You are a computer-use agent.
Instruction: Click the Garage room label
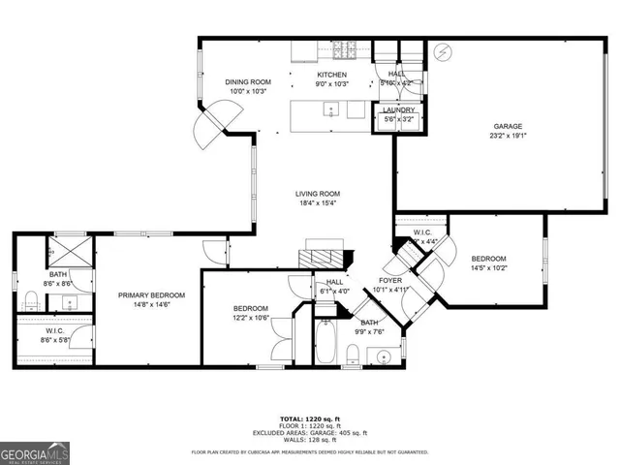508,126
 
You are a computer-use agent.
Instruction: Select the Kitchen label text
332,75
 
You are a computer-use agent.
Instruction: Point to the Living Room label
318,194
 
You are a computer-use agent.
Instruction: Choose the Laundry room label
398,109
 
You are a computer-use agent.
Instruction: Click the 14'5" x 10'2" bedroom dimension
489,268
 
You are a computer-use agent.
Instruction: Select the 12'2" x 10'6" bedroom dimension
249,318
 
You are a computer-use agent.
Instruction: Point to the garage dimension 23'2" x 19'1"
508,137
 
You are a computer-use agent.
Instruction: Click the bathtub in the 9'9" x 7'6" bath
326,344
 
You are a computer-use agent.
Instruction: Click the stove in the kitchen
342,50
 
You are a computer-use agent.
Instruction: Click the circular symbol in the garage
445,49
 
